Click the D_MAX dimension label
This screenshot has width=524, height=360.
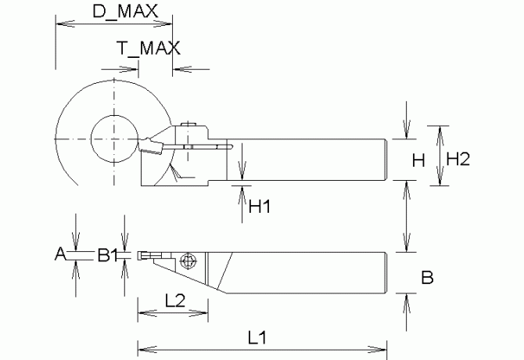124,11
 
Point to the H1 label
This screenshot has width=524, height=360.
259,207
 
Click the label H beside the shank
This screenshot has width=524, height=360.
418,160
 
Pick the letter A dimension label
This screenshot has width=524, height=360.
60,254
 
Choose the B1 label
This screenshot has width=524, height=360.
107,254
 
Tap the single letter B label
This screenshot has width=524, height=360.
427,277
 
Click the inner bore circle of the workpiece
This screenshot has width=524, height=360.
114,139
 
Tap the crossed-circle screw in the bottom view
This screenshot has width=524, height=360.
188,261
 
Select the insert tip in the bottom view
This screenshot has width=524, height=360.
142,255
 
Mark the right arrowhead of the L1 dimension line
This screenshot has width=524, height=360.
382,346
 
